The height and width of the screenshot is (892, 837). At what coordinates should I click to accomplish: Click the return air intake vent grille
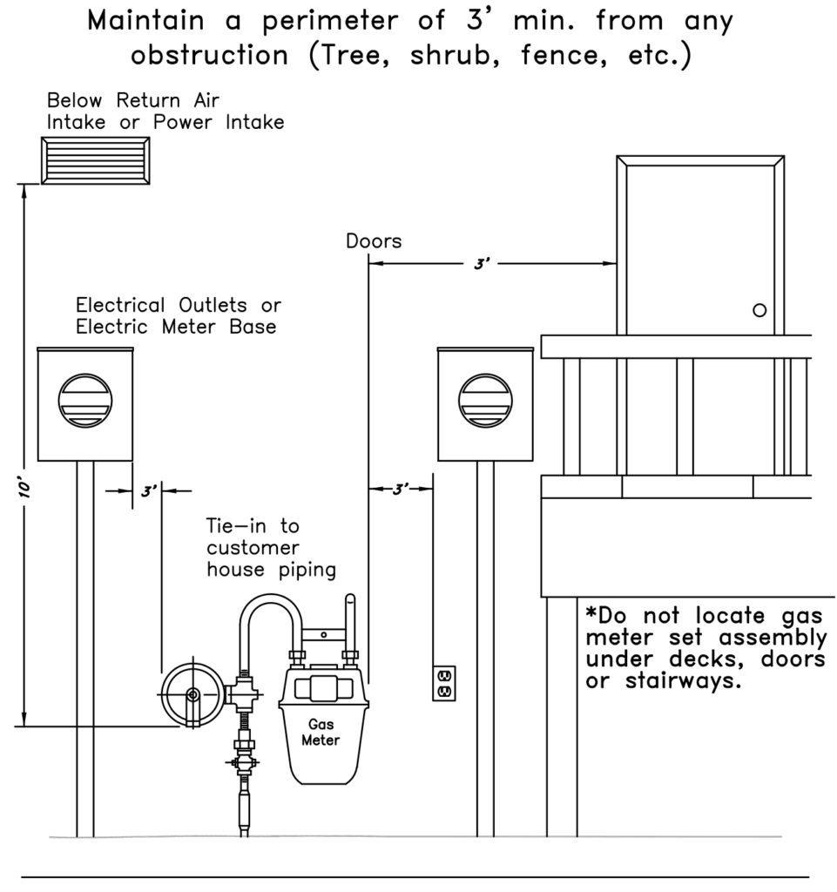pyautogui.click(x=95, y=161)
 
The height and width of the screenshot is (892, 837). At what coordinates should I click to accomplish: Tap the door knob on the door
pyautogui.click(x=759, y=310)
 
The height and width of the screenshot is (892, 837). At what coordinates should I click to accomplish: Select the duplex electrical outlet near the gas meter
pyautogui.click(x=444, y=683)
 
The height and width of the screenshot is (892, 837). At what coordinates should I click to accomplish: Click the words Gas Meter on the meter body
pyautogui.click(x=320, y=733)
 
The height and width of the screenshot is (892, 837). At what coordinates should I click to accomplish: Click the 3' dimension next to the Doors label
pyautogui.click(x=480, y=263)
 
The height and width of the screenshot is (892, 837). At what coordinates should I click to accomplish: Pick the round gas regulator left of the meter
pyautogui.click(x=192, y=694)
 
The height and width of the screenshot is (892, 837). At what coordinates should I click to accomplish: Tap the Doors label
pyautogui.click(x=374, y=241)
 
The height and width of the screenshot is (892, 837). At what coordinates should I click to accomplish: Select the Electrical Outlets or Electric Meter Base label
pyautogui.click(x=179, y=316)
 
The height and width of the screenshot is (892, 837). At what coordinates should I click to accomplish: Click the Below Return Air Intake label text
pyautogui.click(x=165, y=111)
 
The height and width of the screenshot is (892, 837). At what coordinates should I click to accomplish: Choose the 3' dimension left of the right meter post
pyautogui.click(x=401, y=490)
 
